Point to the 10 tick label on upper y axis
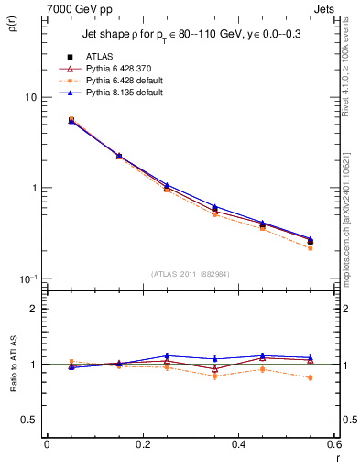pos(30,97)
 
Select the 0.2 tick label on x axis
pos(142,444)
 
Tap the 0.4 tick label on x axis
pos(238,444)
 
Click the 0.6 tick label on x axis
pos(334,444)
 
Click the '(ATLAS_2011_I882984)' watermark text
pos(191,274)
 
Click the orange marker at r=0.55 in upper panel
pos(311,248)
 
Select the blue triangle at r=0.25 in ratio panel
pos(167,355)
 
